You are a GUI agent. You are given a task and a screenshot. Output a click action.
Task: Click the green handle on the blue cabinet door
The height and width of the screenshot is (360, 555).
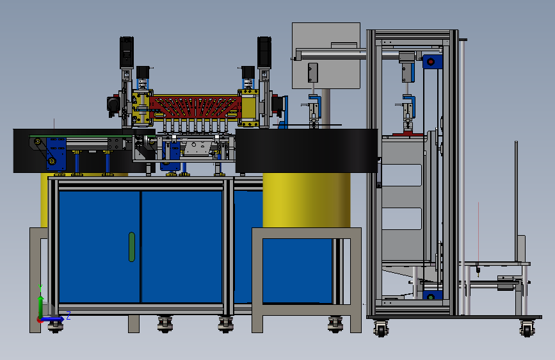click(x=132, y=247)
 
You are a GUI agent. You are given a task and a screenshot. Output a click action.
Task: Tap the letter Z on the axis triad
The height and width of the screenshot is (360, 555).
click(x=68, y=315)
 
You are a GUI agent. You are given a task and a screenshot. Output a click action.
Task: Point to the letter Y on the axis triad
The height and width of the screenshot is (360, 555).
click(x=40, y=288)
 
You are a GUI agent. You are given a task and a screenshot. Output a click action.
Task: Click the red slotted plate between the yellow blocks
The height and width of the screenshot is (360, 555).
click(x=195, y=106)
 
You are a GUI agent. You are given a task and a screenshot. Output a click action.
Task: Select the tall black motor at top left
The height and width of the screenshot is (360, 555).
click(x=126, y=52)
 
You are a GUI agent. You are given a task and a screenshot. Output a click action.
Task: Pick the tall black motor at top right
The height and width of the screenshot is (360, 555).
click(x=264, y=52)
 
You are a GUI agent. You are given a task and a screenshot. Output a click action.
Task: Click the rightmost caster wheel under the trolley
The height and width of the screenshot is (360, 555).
click(x=527, y=329)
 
